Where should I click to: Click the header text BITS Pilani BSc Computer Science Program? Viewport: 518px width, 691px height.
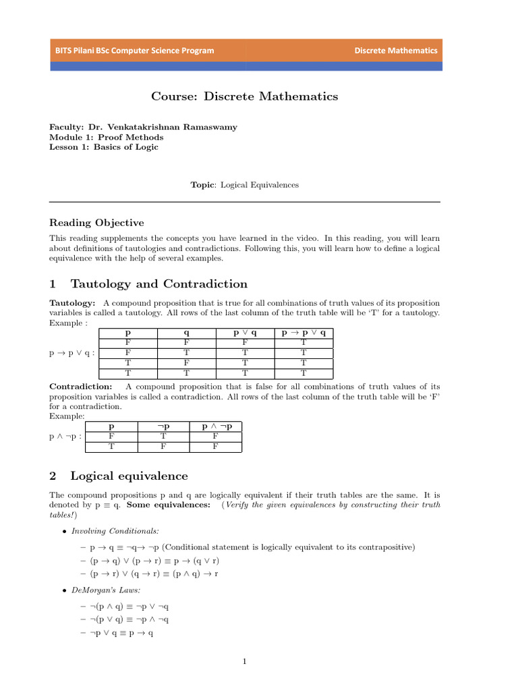point(135,51)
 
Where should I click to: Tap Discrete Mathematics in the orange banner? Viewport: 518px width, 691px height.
point(396,51)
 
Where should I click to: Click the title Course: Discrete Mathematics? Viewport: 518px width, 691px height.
point(245,96)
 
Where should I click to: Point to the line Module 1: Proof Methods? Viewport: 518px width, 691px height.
point(107,137)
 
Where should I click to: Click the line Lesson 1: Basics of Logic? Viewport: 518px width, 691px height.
point(104,147)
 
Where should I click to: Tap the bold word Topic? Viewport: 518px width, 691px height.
point(202,184)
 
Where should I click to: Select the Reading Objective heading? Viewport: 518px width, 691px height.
point(97,223)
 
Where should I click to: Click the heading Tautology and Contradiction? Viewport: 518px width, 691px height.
point(159,283)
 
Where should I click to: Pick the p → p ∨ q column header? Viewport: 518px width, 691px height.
point(304,333)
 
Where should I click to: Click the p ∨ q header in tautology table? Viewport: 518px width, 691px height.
point(245,333)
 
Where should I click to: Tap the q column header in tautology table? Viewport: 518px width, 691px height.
point(186,333)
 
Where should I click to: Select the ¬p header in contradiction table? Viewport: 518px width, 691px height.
point(164,427)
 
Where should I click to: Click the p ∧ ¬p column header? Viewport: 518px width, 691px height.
point(217,427)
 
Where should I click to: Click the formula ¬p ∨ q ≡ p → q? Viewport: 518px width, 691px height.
point(122,634)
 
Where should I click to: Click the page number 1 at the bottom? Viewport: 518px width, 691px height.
point(245,661)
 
